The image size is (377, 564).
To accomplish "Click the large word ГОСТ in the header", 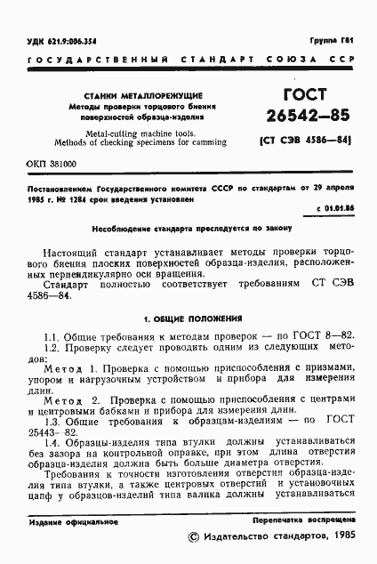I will [x=301, y=96].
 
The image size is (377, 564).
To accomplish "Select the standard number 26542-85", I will [x=301, y=117].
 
